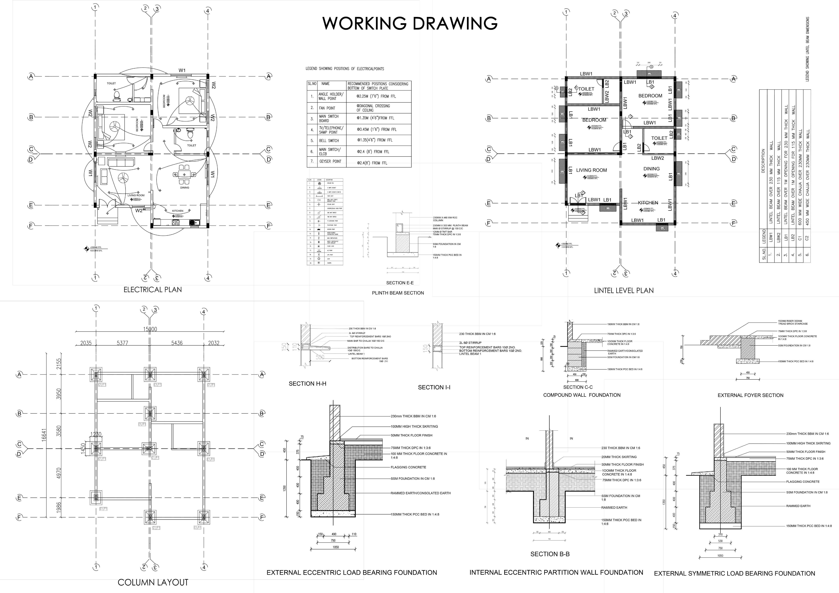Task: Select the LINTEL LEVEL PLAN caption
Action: (624, 291)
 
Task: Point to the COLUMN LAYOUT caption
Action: (153, 582)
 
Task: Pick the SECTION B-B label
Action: (550, 554)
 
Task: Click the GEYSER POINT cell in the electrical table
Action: (330, 161)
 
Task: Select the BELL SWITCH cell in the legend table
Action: (329, 141)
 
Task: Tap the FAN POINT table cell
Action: (327, 108)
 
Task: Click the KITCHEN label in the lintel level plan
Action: (648, 203)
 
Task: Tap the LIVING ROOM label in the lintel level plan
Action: (592, 170)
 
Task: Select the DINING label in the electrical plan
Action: (185, 188)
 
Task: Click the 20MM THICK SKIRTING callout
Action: (619, 457)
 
